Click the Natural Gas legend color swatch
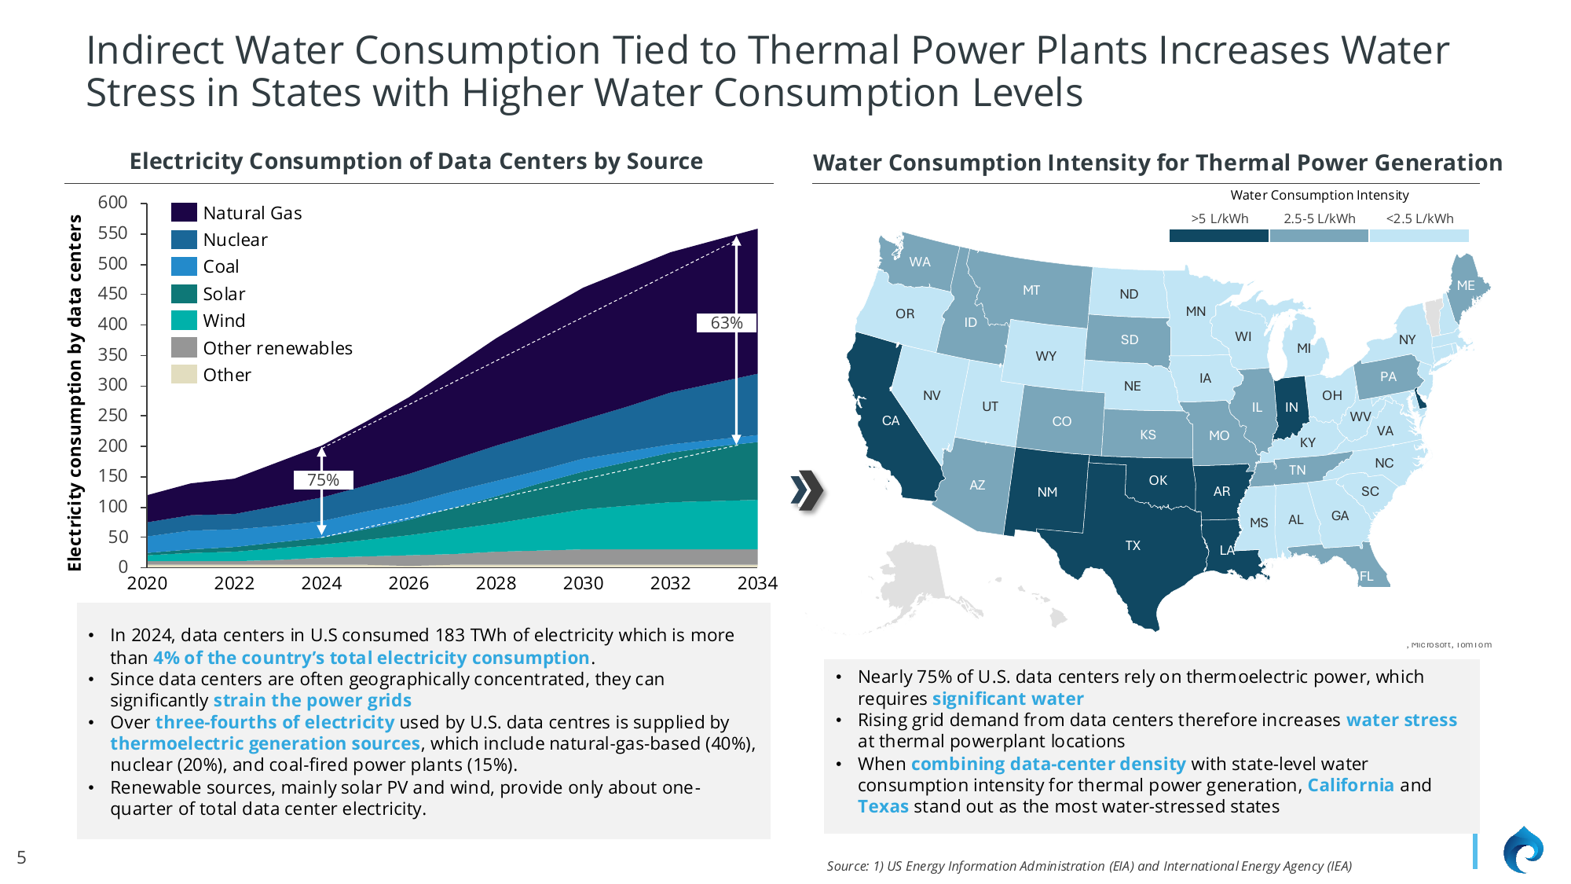(184, 212)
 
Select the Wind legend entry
(224, 321)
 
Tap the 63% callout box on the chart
(727, 323)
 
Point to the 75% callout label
(323, 480)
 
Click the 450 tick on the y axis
(112, 293)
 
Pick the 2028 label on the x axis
(496, 583)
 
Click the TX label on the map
(1132, 545)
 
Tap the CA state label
(890, 420)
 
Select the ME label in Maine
(1465, 285)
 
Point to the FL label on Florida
(1366, 576)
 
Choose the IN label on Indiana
(1291, 407)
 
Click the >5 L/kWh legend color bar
(1218, 236)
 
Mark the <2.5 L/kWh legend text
(1419, 218)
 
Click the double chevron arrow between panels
(807, 490)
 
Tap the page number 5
(21, 857)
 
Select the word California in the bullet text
(1349, 785)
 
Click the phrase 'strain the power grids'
(312, 700)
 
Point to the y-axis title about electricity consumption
(75, 392)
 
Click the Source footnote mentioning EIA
(1089, 866)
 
